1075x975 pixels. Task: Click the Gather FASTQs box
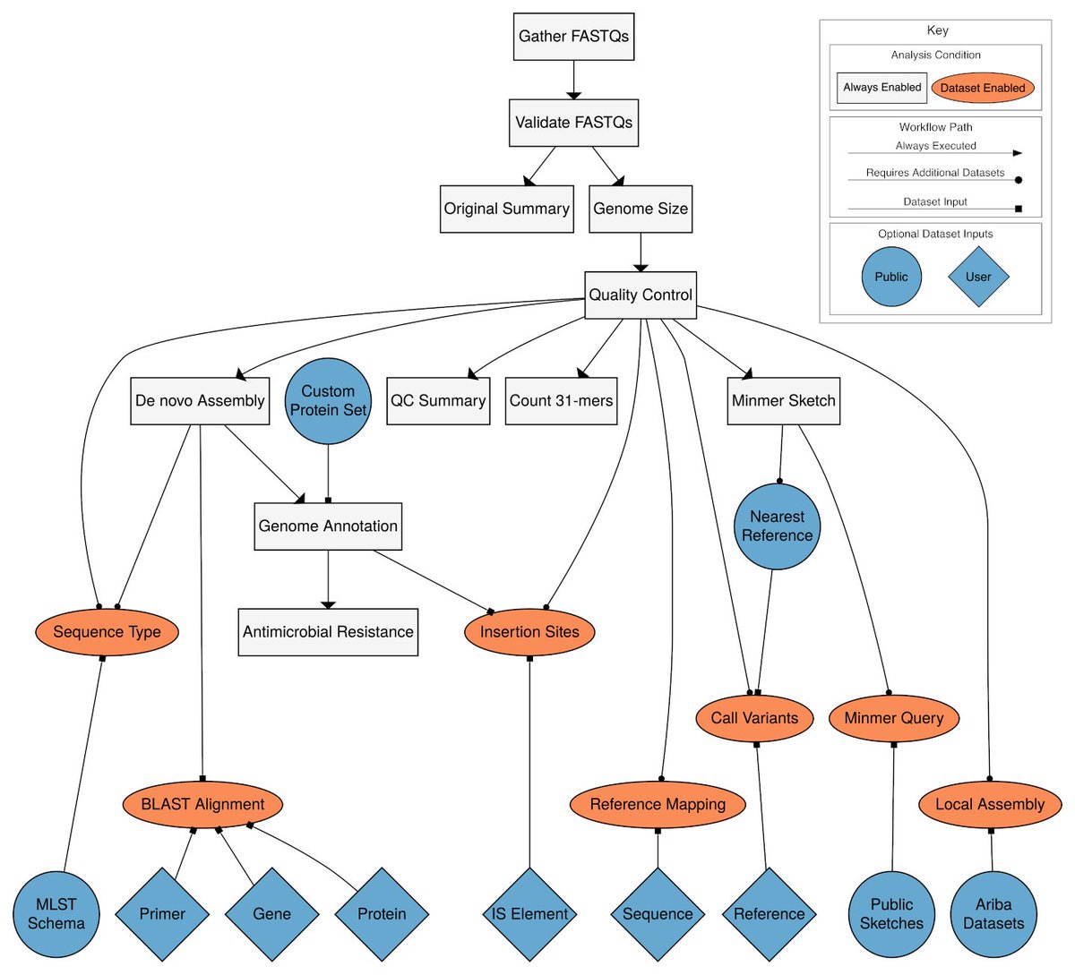coord(573,37)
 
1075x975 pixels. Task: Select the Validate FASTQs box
coord(573,123)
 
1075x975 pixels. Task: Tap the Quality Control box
coord(640,295)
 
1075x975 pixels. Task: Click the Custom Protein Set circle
coord(328,401)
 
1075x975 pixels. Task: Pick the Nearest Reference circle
coord(777,526)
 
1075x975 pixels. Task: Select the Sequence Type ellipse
coord(107,632)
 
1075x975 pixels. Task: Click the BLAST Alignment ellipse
coord(202,804)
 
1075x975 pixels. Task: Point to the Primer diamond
coord(162,914)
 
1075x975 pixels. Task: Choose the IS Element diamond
coord(529,914)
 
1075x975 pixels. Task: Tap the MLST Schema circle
coord(56,914)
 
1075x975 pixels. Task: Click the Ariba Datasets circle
coord(993,914)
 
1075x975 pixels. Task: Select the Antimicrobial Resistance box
coord(328,632)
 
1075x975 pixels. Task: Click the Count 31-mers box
coord(561,401)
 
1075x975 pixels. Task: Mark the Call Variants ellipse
coord(754,718)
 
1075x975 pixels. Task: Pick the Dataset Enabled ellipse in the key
coord(982,88)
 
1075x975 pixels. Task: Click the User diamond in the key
coord(978,277)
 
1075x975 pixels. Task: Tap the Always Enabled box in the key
coord(881,88)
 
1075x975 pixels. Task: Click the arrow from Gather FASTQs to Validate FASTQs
coord(573,80)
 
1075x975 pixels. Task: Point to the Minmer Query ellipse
coord(893,718)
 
